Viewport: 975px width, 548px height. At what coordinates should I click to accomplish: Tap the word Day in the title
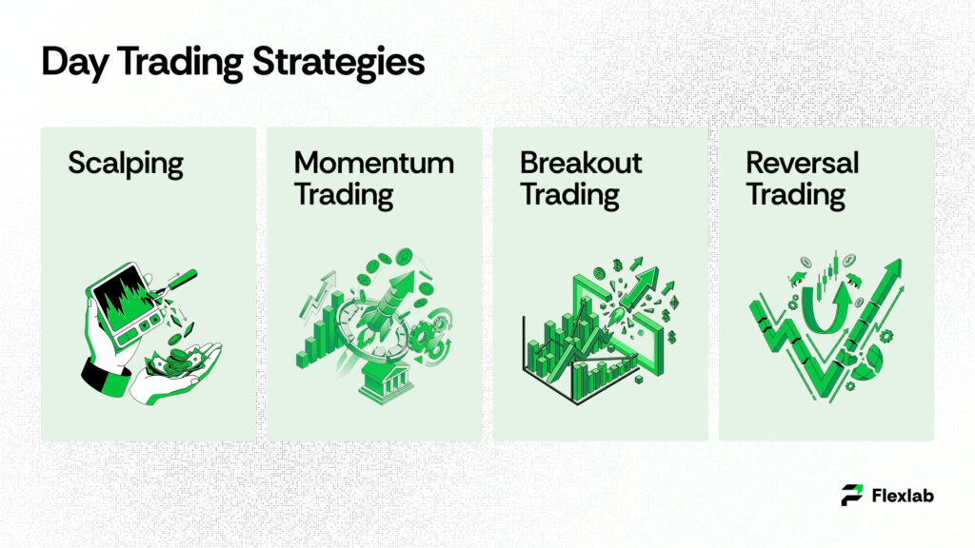point(69,62)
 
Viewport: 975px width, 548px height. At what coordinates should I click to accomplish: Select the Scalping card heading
point(125,164)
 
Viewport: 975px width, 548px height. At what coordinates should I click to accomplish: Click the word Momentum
point(373,163)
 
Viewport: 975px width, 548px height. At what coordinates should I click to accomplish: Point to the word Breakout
point(581,163)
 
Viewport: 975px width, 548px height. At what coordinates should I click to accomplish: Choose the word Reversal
point(802,163)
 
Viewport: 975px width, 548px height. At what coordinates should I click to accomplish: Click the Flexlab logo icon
point(852,495)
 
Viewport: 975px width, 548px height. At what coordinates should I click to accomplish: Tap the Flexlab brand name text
point(904,495)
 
